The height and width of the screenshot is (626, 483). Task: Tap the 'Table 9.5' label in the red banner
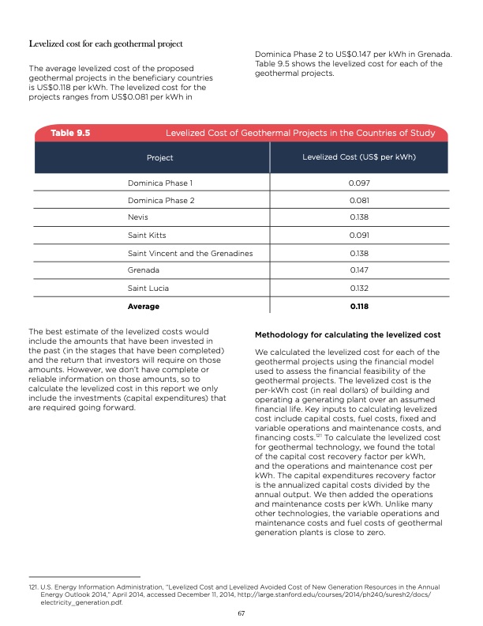coord(70,134)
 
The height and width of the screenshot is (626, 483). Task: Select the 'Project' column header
coord(160,158)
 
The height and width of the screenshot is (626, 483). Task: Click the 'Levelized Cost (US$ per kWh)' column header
coord(359,157)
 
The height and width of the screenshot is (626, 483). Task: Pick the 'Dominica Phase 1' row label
coord(160,183)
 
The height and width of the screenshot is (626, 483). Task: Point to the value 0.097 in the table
coord(359,183)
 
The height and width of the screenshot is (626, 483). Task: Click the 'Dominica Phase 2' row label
coord(161,201)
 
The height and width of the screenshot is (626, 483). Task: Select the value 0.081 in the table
coord(359,201)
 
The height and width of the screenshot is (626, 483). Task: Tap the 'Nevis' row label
coord(138,218)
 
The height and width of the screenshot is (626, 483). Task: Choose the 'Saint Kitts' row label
coord(147,236)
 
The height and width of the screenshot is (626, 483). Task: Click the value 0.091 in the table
coord(359,236)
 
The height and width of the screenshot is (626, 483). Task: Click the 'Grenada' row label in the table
coord(144,270)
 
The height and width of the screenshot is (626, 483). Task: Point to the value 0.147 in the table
coord(359,270)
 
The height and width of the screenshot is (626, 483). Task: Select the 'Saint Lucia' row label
coord(148,288)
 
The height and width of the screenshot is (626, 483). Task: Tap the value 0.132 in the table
coord(359,288)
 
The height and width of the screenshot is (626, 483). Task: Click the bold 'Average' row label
coord(143,306)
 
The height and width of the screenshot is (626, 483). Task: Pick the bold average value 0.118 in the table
coord(359,306)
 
